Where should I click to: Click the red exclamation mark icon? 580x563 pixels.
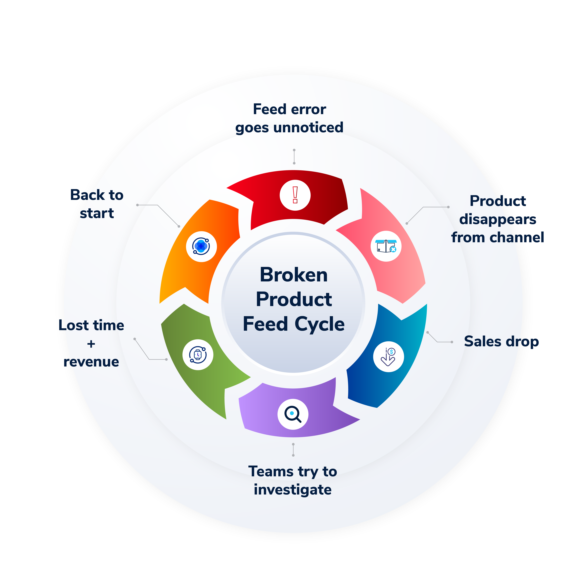click(x=295, y=195)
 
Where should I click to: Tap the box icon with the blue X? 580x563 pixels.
click(x=386, y=246)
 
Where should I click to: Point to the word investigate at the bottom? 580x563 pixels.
click(x=293, y=490)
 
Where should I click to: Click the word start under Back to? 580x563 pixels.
click(x=97, y=213)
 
